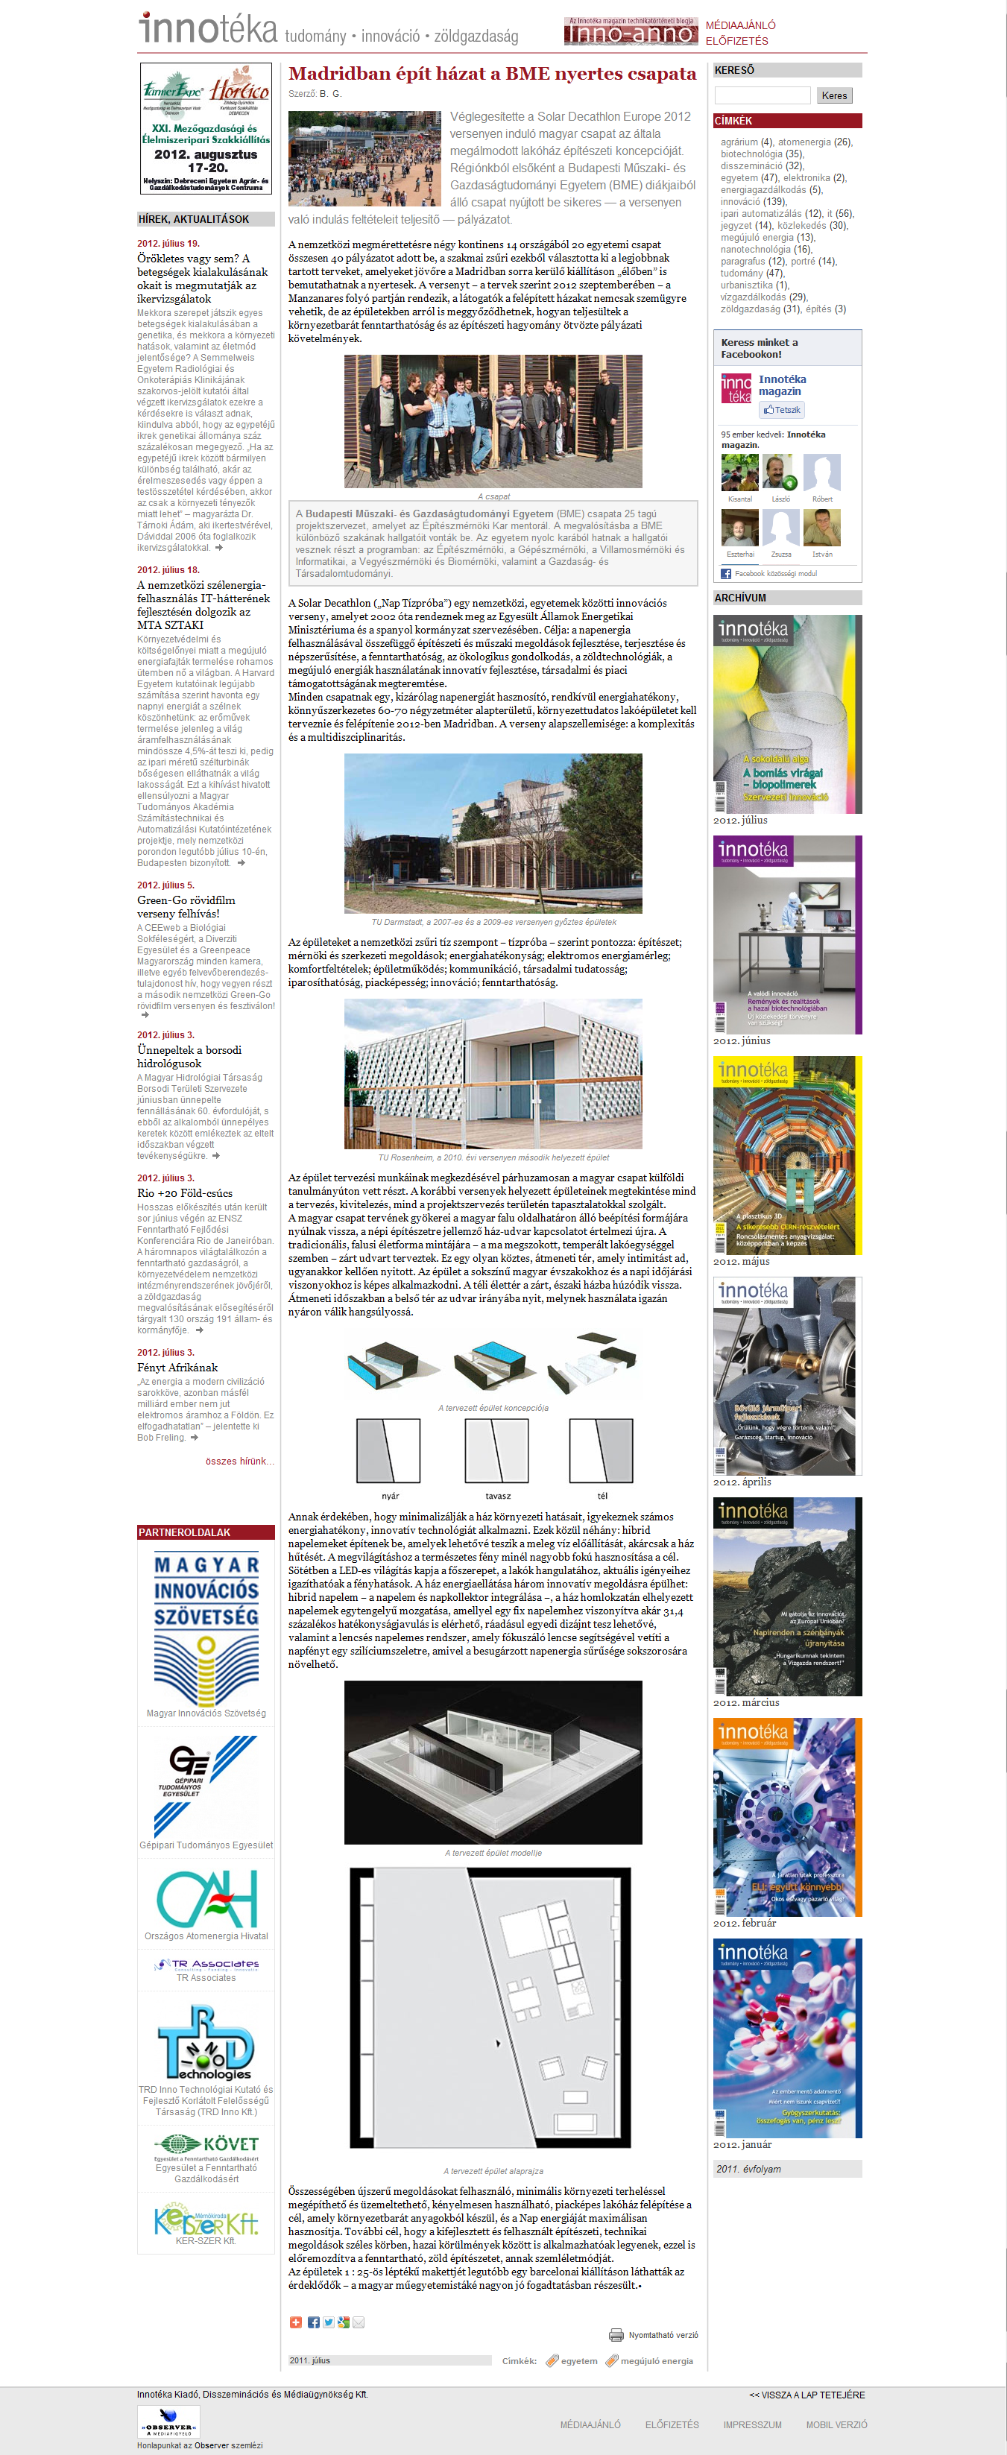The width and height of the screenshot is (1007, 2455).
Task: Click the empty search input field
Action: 763,95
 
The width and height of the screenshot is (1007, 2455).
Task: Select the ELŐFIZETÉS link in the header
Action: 736,41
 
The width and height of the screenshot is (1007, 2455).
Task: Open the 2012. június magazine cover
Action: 787,935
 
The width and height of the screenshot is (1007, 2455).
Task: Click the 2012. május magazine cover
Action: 787,1155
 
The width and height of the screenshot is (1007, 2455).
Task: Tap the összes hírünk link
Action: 239,1461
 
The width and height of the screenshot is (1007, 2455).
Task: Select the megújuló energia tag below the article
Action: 657,2360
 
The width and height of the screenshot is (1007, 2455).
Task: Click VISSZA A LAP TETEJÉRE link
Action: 807,2395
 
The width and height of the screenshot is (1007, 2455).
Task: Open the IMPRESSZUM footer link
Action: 751,2424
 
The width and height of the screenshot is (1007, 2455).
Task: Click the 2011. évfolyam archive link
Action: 749,2169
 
